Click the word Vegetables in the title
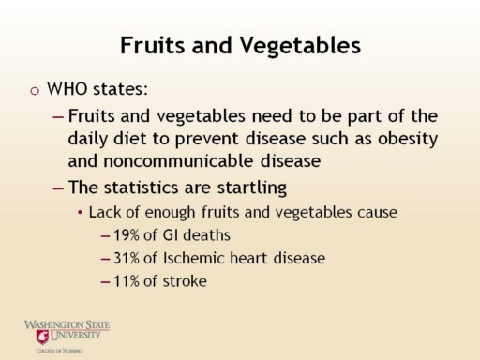pos(300,46)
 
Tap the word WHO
pos(67,89)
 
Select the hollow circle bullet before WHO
pos(35,91)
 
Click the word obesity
pos(408,139)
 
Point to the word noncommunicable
pos(178,161)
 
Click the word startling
pos(252,187)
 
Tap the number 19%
pos(127,235)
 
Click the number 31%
pos(127,258)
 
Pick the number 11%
pos(127,281)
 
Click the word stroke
pos(185,280)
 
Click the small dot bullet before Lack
pos(81,213)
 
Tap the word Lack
pos(105,212)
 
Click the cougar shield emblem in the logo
pos(42,337)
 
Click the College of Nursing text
pos(59,351)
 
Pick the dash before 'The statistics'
pos(58,188)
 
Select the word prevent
pos(207,140)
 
